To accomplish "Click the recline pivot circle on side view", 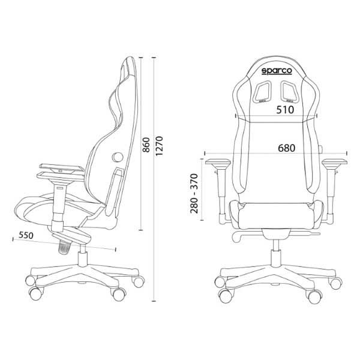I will [x=117, y=157].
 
